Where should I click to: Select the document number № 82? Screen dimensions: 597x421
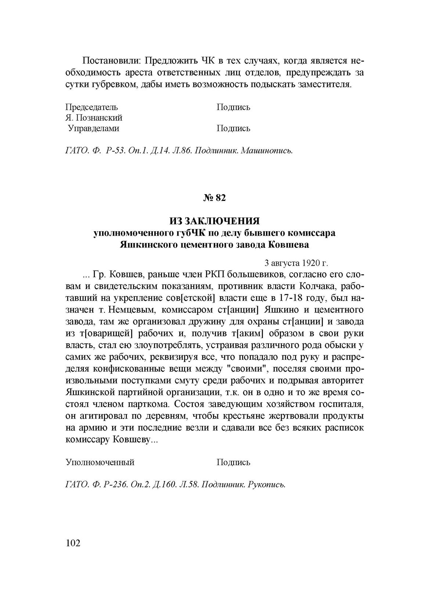coord(214,198)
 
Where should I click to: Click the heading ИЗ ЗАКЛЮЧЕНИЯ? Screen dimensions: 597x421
coord(215,221)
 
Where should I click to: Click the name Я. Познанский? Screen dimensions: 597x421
coord(94,118)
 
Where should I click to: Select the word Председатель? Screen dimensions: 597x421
coord(92,107)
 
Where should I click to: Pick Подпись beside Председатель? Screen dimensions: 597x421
coord(233,107)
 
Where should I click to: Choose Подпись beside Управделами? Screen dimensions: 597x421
coord(233,129)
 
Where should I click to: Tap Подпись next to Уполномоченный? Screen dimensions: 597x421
coord(233,462)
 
